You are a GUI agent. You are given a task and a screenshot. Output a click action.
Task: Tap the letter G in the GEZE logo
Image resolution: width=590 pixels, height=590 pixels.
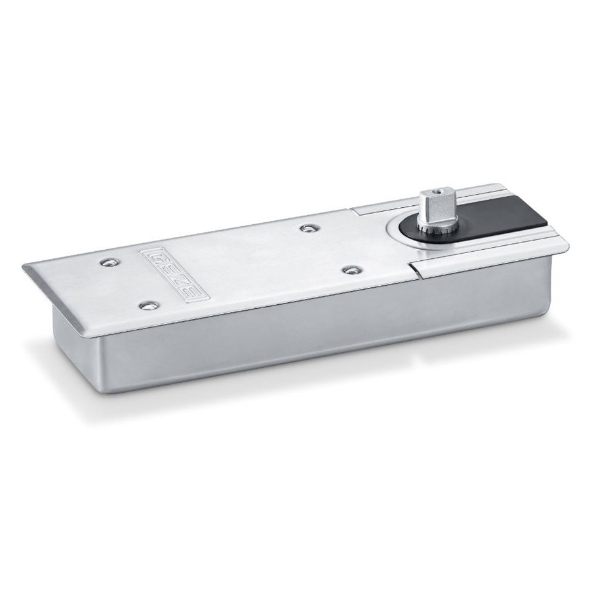click(x=155, y=256)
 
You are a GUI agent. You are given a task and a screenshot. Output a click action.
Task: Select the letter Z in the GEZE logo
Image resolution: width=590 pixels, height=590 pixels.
click(x=181, y=279)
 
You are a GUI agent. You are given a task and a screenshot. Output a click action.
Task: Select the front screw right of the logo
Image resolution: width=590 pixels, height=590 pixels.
click(x=351, y=270)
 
